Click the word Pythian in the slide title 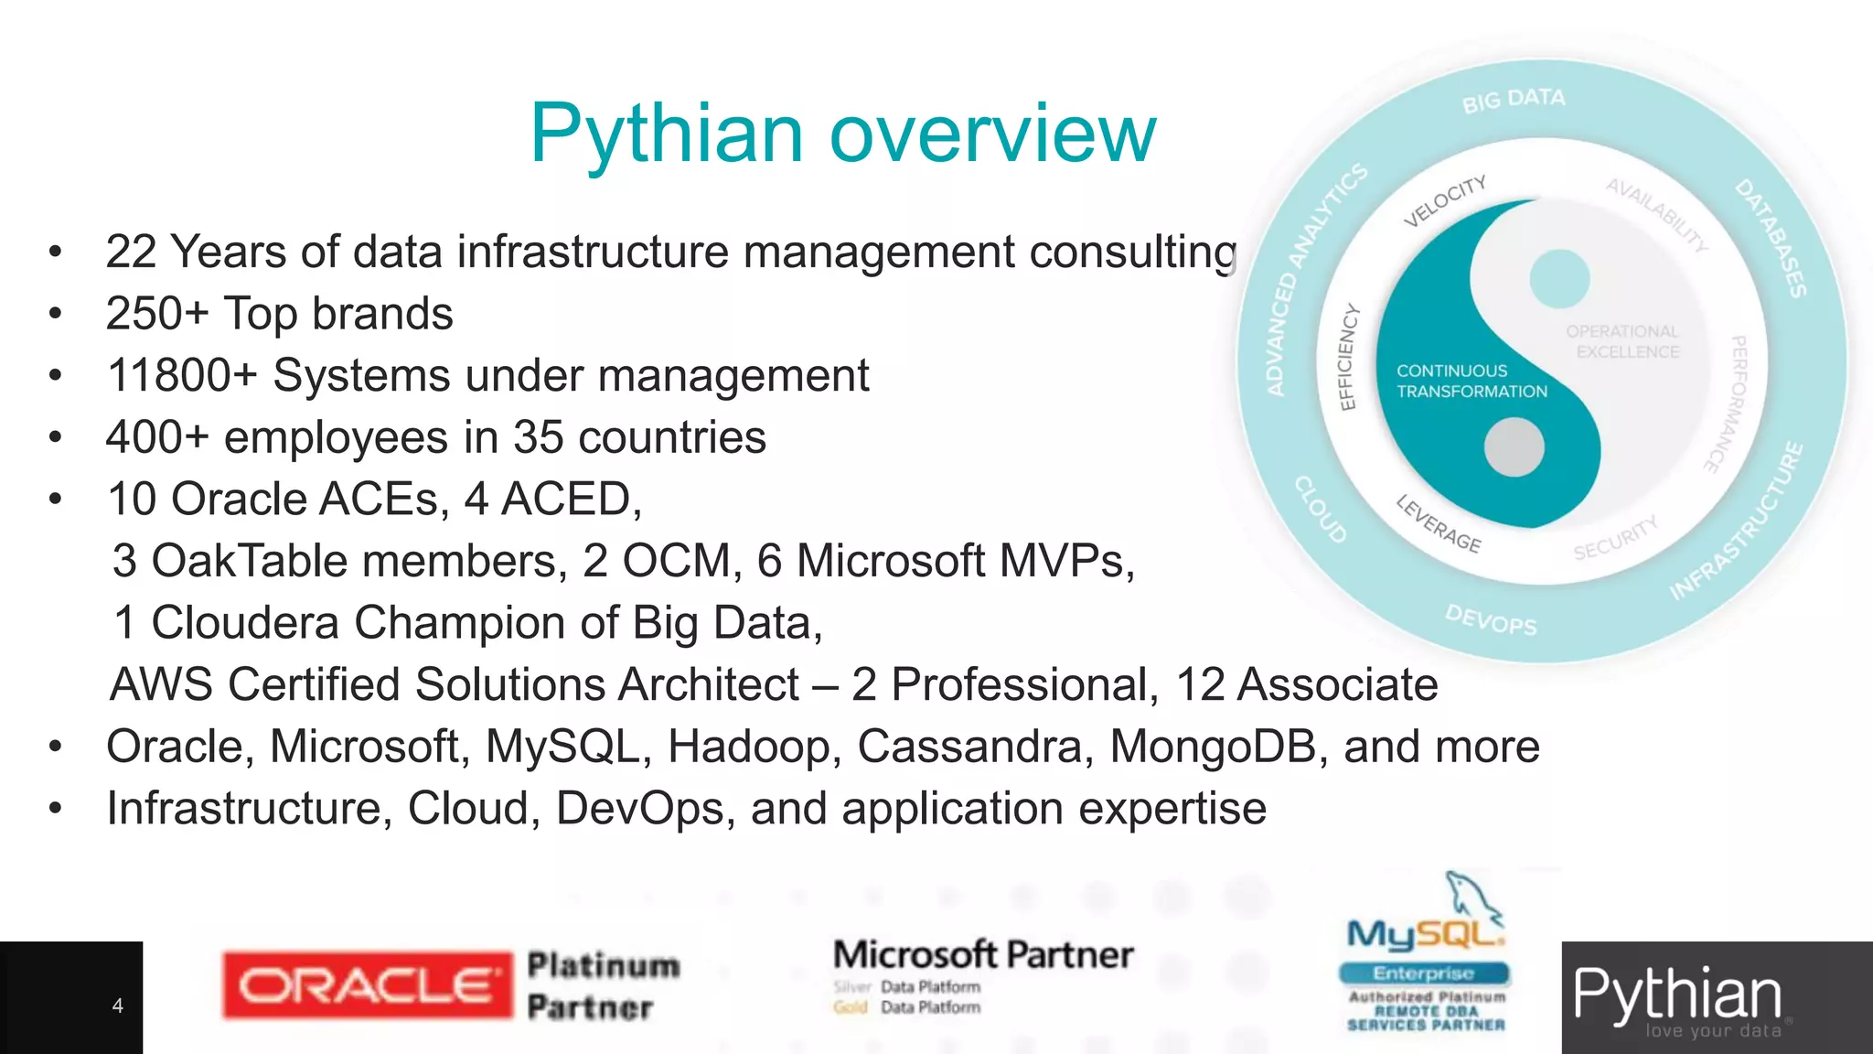click(668, 134)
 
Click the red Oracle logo click(367, 985)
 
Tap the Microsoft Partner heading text click(983, 955)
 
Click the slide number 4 click(117, 1006)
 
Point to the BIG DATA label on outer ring click(1514, 100)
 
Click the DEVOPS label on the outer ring click(1491, 620)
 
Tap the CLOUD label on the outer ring click(1321, 510)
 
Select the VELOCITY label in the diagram click(1445, 200)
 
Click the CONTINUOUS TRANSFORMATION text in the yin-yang click(1471, 382)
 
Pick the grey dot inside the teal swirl click(1514, 446)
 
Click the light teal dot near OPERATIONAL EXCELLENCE click(1559, 278)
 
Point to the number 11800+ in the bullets click(182, 376)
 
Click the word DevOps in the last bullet click(639, 809)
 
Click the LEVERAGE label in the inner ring click(1438, 524)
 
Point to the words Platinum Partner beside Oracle click(603, 986)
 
